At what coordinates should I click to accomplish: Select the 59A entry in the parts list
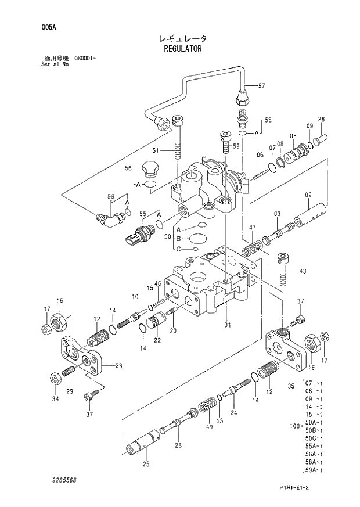313,470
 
